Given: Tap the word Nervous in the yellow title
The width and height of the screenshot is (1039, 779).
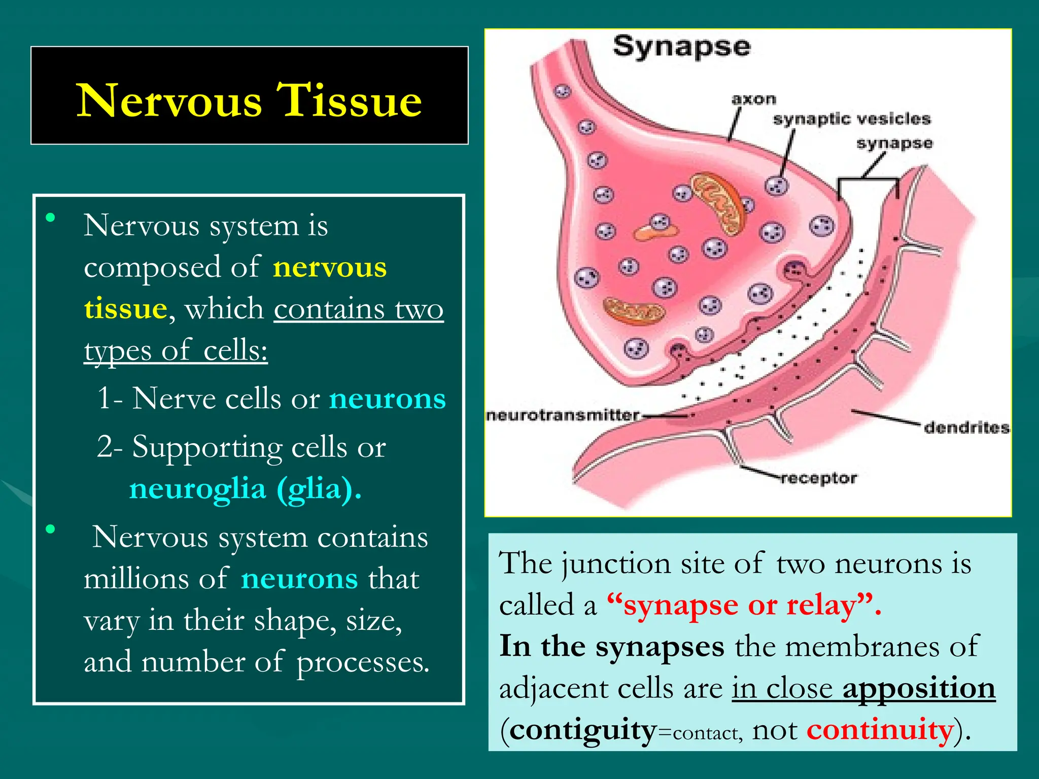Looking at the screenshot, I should point(169,101).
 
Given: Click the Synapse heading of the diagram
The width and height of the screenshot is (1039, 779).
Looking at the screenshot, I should point(681,47).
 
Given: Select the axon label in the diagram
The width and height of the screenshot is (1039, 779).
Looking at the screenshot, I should point(754,99).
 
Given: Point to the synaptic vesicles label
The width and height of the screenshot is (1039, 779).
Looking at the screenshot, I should point(852,119).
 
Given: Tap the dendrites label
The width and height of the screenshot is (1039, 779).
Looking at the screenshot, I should point(966,428).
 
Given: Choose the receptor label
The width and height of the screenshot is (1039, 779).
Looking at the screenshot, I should point(819,478).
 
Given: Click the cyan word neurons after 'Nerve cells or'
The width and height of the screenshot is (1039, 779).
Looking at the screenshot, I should point(388,399).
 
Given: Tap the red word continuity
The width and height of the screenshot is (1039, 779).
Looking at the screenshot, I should point(880,730).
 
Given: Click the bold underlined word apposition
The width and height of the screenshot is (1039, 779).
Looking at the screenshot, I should point(919,688).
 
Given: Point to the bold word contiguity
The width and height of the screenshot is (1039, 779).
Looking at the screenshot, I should point(583,730).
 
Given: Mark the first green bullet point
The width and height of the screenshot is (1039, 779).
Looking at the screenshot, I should point(50,219).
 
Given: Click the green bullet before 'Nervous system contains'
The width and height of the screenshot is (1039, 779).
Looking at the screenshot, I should point(50,529).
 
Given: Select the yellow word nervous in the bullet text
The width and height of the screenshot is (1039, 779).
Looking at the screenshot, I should point(330,267).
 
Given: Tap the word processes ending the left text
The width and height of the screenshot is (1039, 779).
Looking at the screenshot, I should point(362,662).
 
